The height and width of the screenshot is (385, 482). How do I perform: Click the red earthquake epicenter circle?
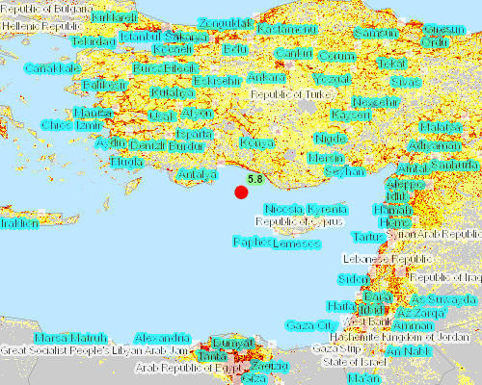pos(241,192)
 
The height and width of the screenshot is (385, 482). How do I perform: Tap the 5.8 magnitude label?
pos(255,179)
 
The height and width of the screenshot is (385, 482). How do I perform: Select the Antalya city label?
pos(196,174)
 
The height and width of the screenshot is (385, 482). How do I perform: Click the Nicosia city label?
pos(283,209)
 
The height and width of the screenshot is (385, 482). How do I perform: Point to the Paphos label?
pos(250,241)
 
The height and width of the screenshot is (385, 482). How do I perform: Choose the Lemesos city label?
pos(296,244)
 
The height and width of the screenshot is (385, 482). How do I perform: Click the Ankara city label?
pos(266,77)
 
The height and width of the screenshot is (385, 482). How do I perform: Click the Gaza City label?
pos(309,325)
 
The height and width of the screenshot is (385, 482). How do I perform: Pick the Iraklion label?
pos(18,223)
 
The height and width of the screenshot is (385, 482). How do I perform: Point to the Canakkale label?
pos(51,69)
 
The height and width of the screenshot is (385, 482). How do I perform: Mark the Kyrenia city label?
pos(328,209)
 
